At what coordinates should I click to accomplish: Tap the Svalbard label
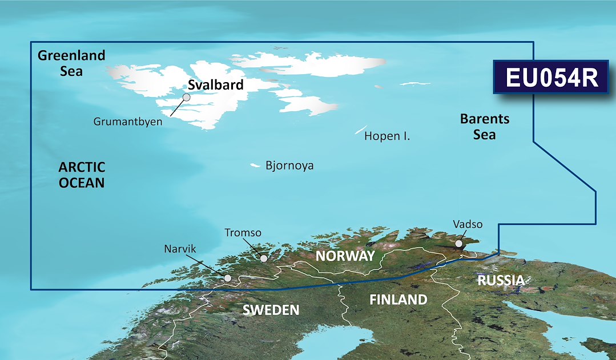[216, 86]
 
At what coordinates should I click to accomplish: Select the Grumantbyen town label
[127, 122]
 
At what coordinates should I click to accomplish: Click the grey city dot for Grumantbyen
[186, 98]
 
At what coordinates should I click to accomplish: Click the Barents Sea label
[485, 127]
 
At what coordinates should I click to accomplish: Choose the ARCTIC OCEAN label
[82, 175]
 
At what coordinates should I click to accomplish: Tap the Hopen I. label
[387, 136]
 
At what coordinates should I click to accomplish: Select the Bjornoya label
[289, 166]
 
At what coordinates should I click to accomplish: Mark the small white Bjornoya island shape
[255, 166]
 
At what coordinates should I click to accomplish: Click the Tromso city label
[243, 233]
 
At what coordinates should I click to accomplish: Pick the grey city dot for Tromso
[264, 258]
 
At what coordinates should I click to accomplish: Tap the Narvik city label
[180, 249]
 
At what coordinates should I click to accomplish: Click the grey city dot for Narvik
[228, 278]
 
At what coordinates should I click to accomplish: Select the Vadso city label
[467, 224]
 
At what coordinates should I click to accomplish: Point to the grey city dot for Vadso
[459, 244]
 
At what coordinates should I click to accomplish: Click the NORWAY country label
[345, 256]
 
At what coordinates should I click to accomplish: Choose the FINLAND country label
[398, 299]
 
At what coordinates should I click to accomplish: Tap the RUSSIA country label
[501, 280]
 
